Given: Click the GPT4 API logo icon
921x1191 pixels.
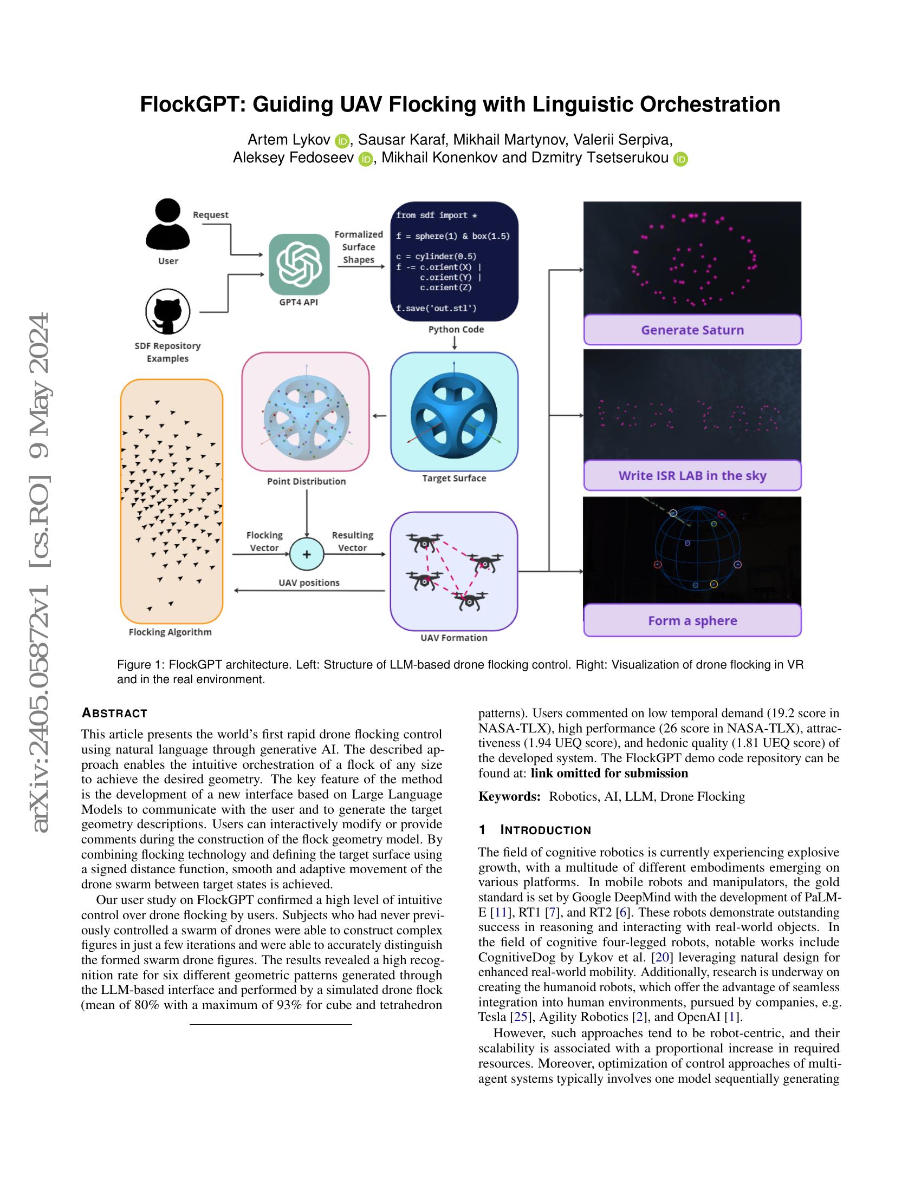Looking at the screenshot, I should tap(299, 264).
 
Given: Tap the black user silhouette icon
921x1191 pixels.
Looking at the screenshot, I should tap(167, 224).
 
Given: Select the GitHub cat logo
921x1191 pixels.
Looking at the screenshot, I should tap(167, 312).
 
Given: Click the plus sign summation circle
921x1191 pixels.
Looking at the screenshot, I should tap(307, 554).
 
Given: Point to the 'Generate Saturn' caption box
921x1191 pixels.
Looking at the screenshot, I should tap(692, 330).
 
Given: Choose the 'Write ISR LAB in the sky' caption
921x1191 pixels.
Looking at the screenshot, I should tap(692, 475).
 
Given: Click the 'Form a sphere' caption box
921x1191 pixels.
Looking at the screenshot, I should tap(692, 620).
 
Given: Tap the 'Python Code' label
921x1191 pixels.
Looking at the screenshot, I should tap(456, 329).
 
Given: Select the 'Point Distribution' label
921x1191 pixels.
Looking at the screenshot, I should tap(306, 481).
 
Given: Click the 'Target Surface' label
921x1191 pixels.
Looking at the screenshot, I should tap(454, 478).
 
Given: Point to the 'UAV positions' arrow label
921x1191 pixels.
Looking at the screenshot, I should tap(309, 583).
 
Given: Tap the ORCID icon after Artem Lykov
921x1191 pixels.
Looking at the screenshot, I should tap(342, 141).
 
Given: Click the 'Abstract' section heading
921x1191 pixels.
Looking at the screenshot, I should tap(114, 714).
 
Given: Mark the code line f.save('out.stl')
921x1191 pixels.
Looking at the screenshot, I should tap(436, 308).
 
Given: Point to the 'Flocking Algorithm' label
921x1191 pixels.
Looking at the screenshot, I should tap(170, 632).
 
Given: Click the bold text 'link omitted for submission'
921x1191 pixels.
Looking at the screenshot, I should tap(609, 773).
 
